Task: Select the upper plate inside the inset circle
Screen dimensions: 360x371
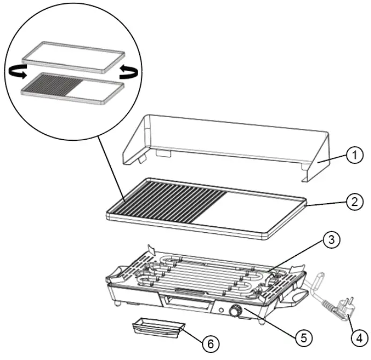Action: pos(74,56)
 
